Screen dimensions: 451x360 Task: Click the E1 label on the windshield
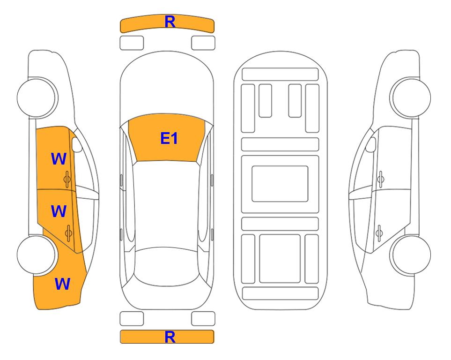pos(169,138)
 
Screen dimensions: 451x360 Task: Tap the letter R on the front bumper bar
pos(170,22)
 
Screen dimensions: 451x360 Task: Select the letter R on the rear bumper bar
pos(170,337)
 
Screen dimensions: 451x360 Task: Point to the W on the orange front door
pos(59,159)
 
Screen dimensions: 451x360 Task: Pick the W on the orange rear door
pos(59,211)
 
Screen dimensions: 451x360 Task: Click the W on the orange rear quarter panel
pos(62,284)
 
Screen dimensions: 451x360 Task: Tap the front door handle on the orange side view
pos(67,179)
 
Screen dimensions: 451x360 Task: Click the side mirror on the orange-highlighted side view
pos(77,144)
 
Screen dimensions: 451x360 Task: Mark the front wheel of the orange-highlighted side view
pos(37,97)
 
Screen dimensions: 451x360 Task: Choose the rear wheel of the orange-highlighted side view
pos(37,255)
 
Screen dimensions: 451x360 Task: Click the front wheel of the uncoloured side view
pos(410,97)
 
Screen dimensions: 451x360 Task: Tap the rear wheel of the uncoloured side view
pos(410,255)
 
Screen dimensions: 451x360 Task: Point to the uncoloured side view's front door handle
pos(380,179)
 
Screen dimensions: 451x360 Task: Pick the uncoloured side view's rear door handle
pos(379,233)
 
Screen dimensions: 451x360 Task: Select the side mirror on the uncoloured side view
pos(371,144)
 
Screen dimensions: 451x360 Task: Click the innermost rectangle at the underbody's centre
pos(280,184)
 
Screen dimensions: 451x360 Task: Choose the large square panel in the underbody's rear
pos(280,259)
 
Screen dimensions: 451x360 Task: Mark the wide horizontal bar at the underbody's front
pos(280,75)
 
